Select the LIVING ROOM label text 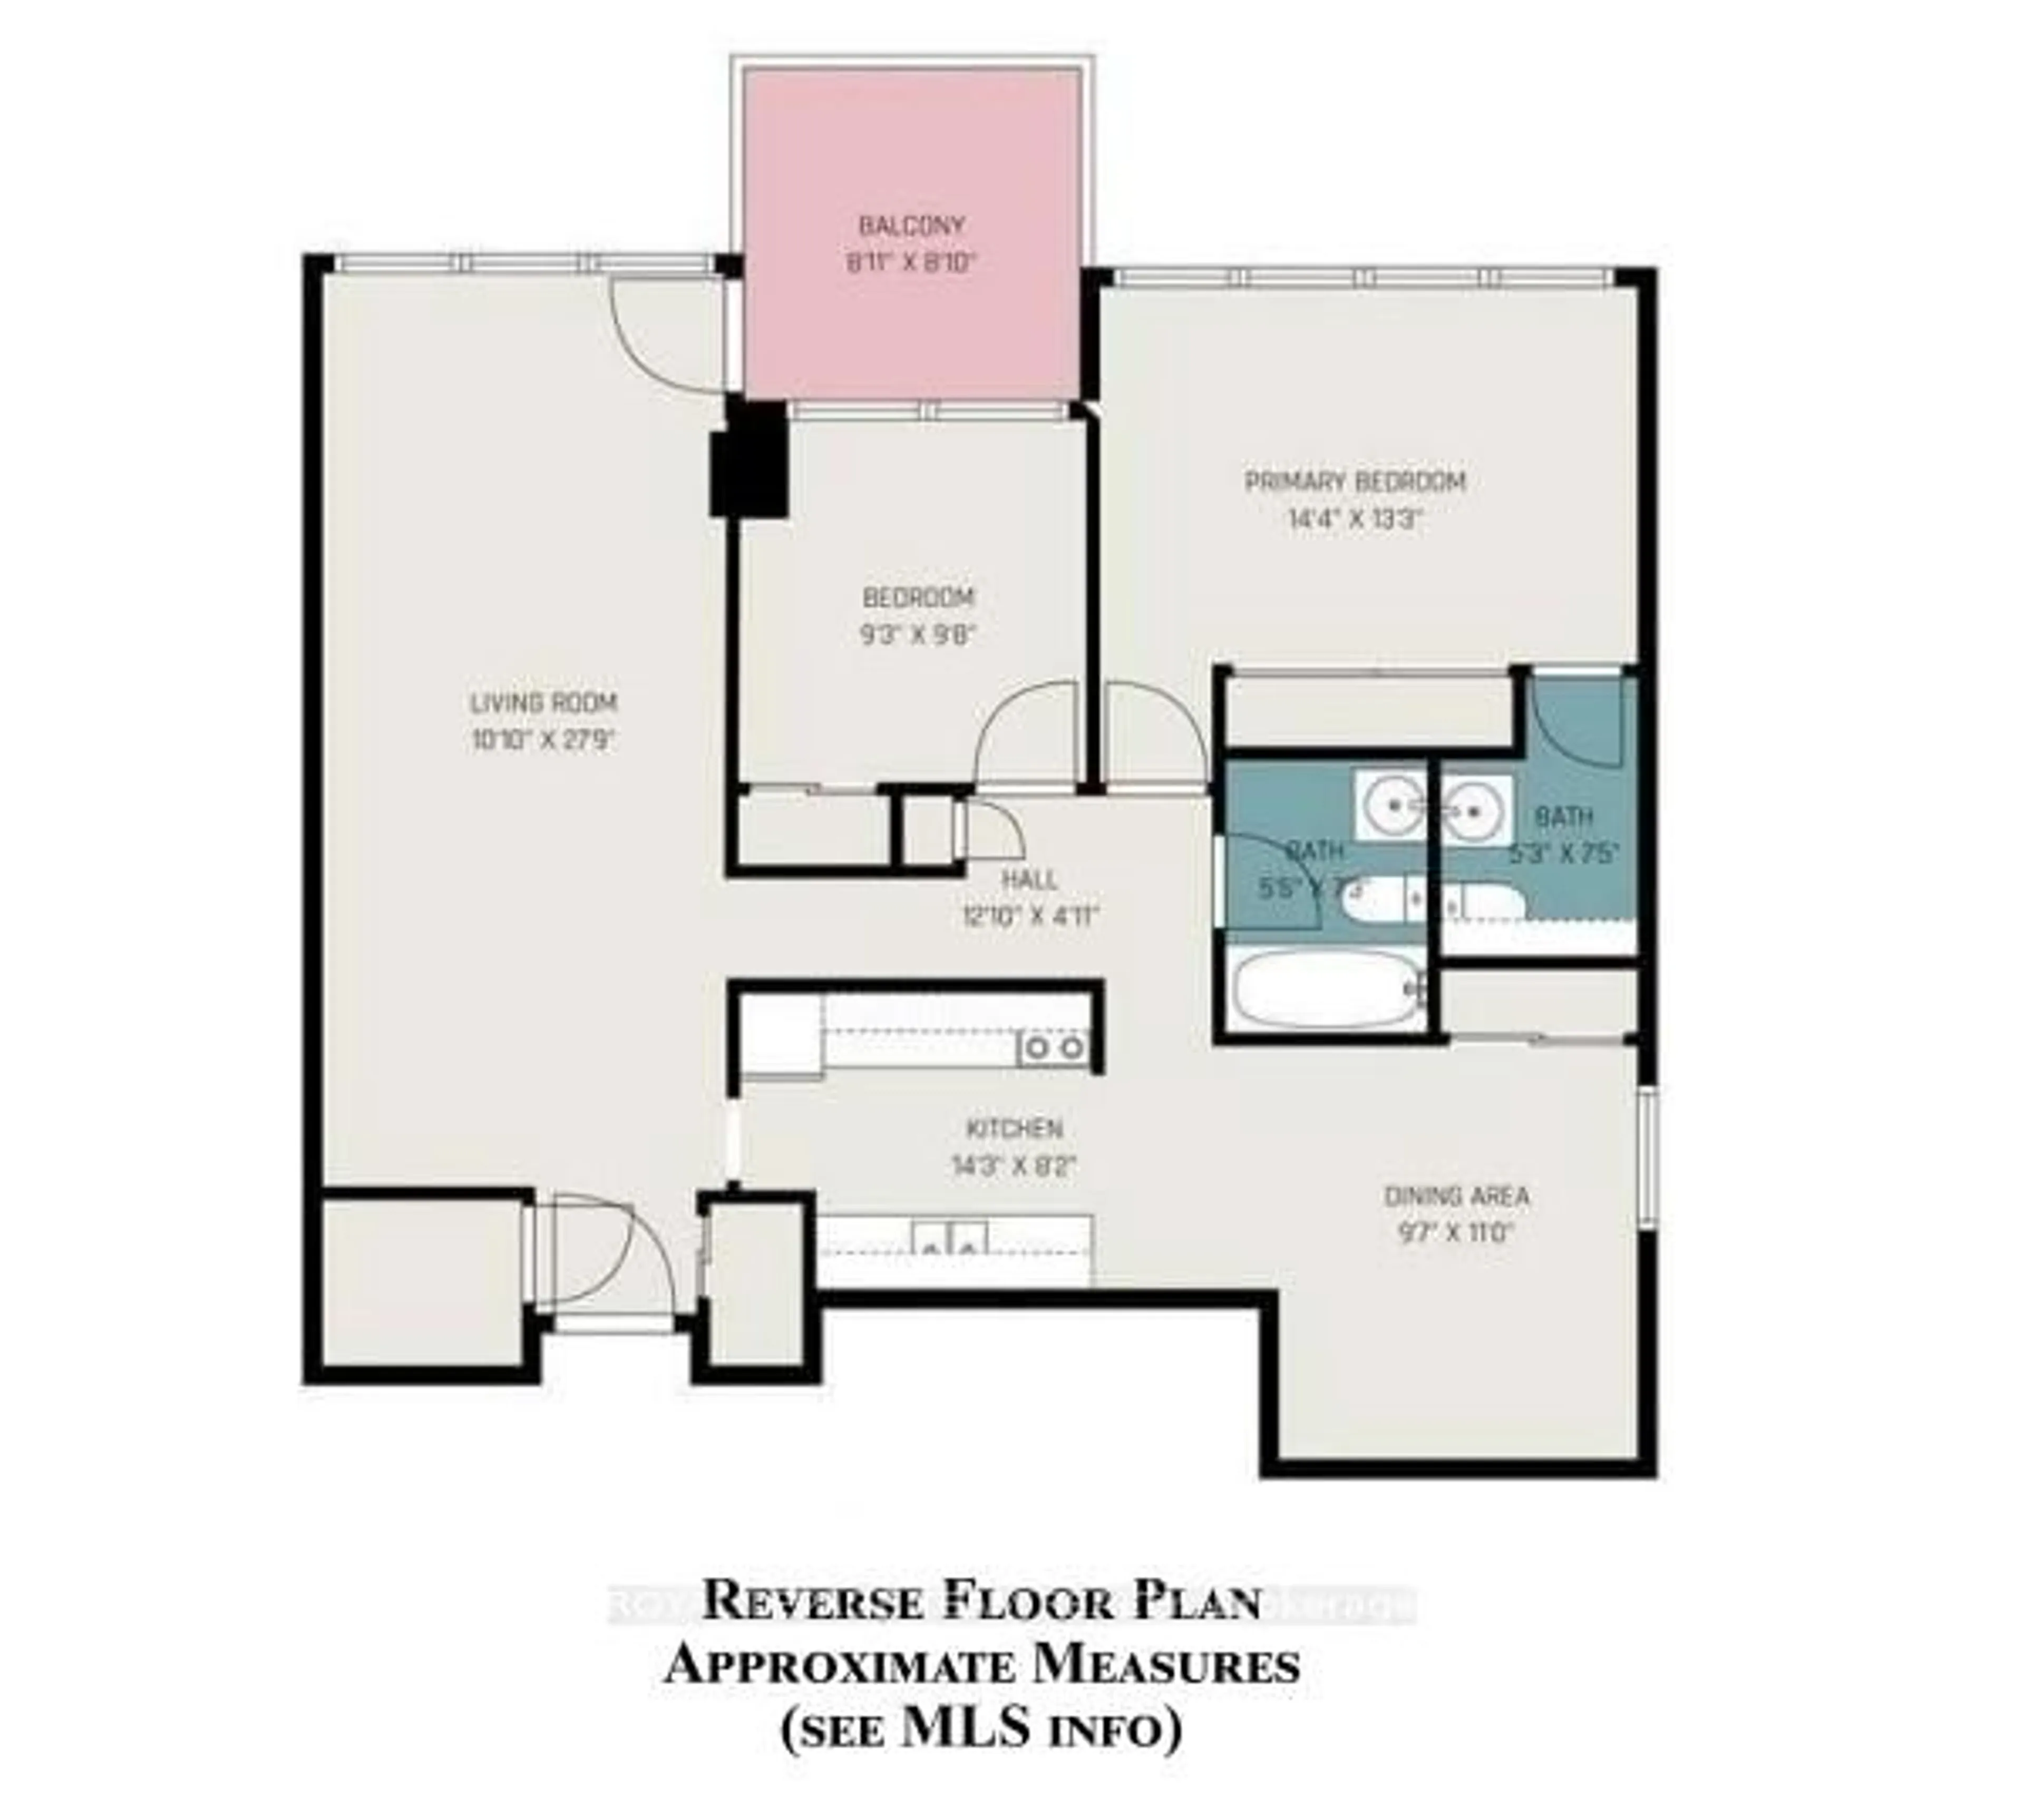[543, 703]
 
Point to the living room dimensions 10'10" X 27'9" [543, 741]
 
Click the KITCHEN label [1014, 1129]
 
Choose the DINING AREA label [1456, 1196]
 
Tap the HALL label [1030, 879]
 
